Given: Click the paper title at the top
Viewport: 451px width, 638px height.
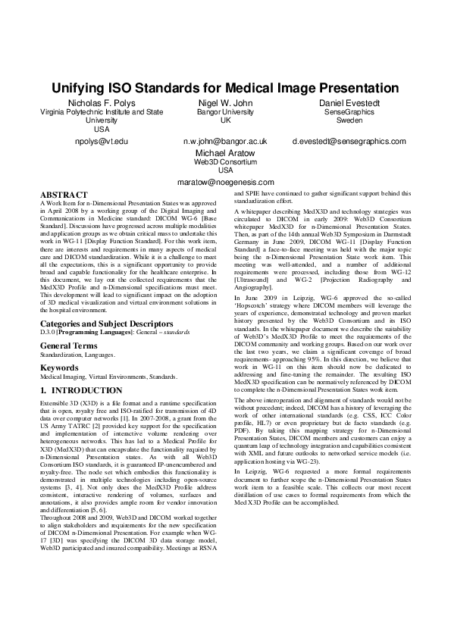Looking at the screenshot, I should (x=225, y=88).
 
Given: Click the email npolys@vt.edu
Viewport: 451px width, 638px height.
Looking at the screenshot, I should (x=102, y=142).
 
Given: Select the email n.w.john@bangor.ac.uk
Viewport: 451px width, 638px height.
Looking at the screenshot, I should (x=225, y=142).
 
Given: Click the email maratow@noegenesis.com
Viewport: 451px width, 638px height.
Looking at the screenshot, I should (x=225, y=183).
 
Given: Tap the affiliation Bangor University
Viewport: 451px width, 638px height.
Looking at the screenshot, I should (x=225, y=112).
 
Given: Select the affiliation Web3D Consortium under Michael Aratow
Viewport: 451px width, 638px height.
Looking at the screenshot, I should (x=225, y=162).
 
